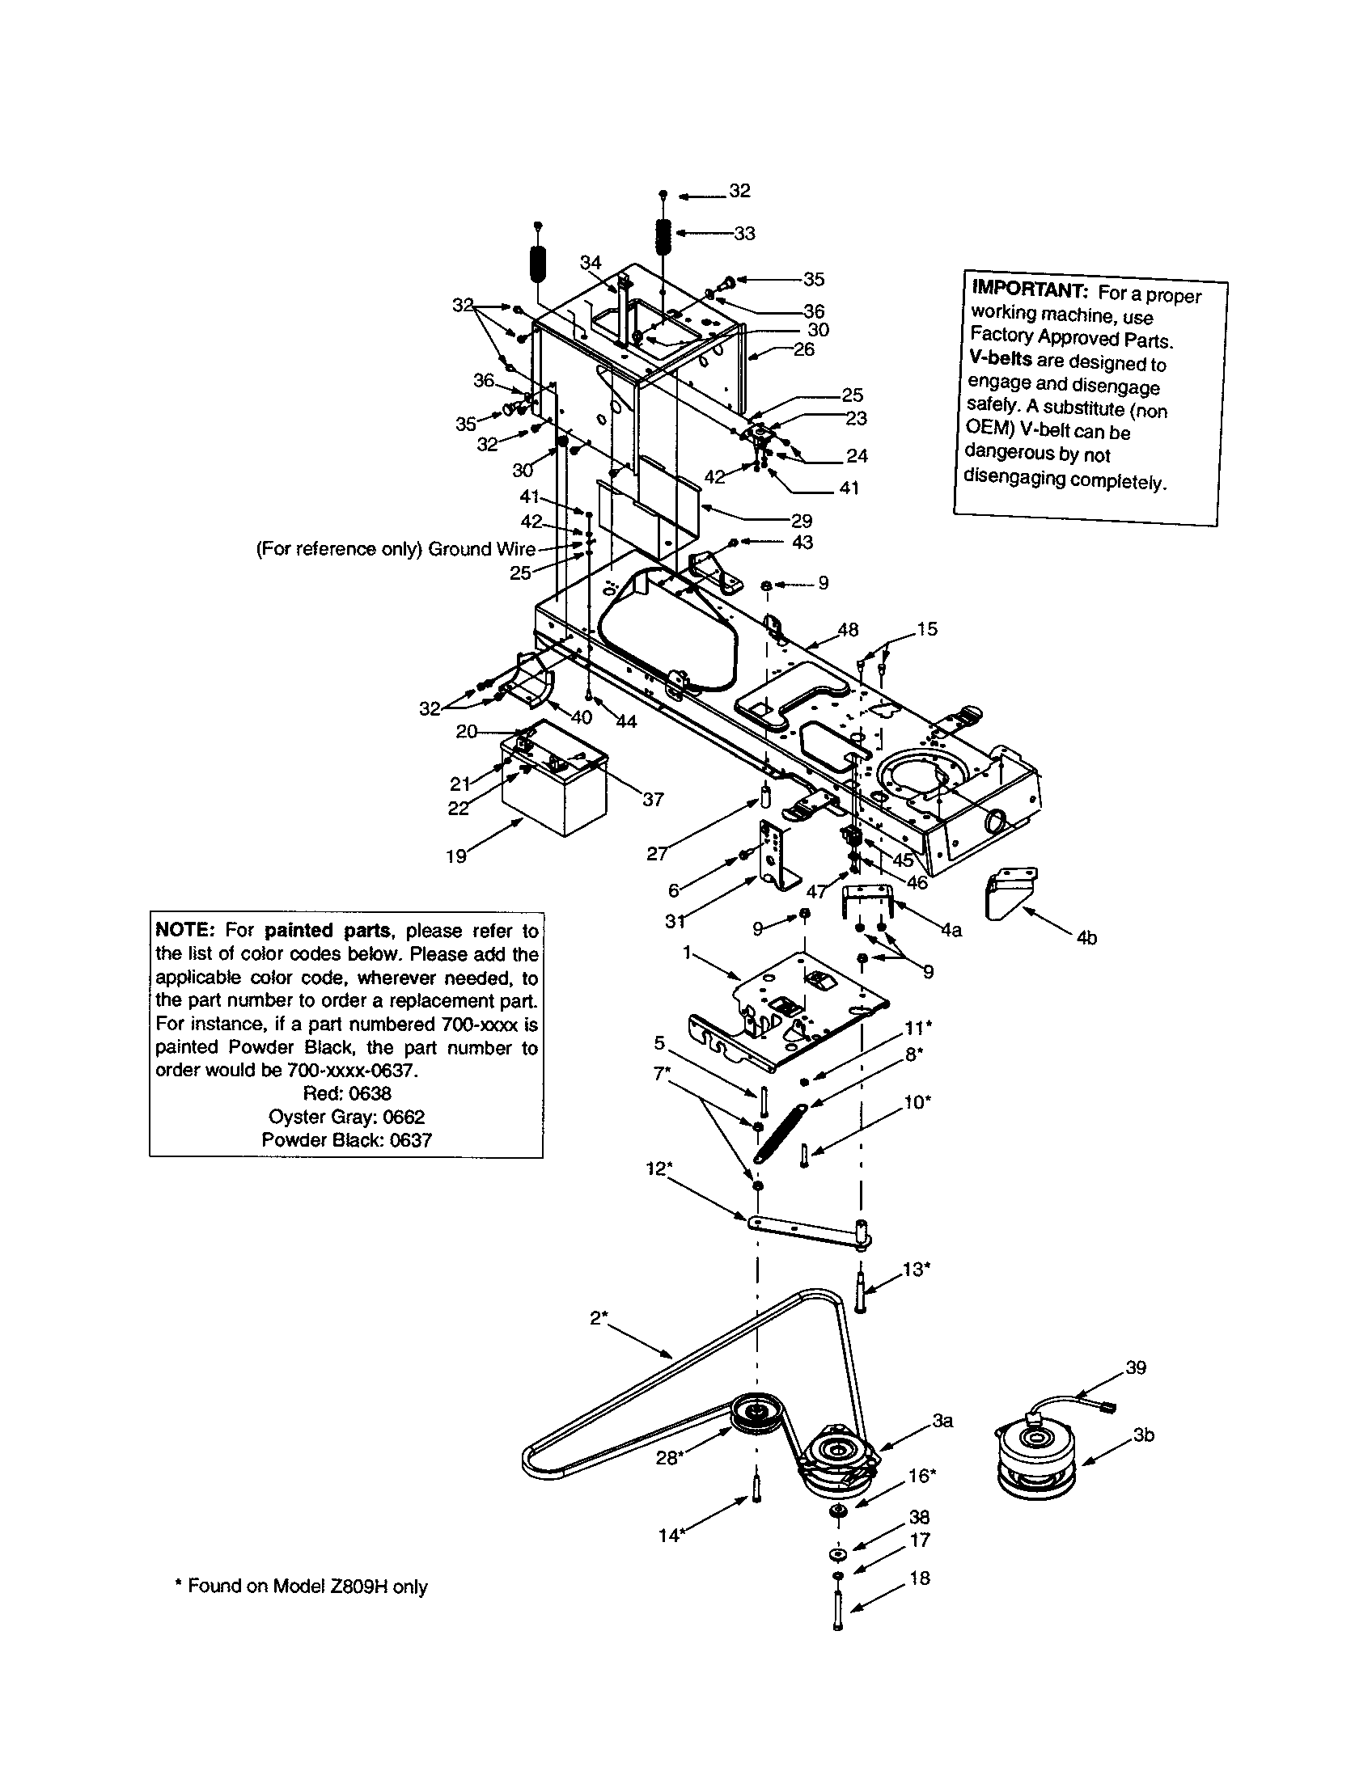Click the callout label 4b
coord(1086,938)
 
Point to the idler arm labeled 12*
coord(807,1231)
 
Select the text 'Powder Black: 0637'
coord(346,1139)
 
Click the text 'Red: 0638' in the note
coord(347,1093)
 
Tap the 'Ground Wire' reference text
coord(481,548)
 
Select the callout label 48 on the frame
coord(847,630)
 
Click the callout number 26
coord(803,349)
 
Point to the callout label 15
coord(926,629)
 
